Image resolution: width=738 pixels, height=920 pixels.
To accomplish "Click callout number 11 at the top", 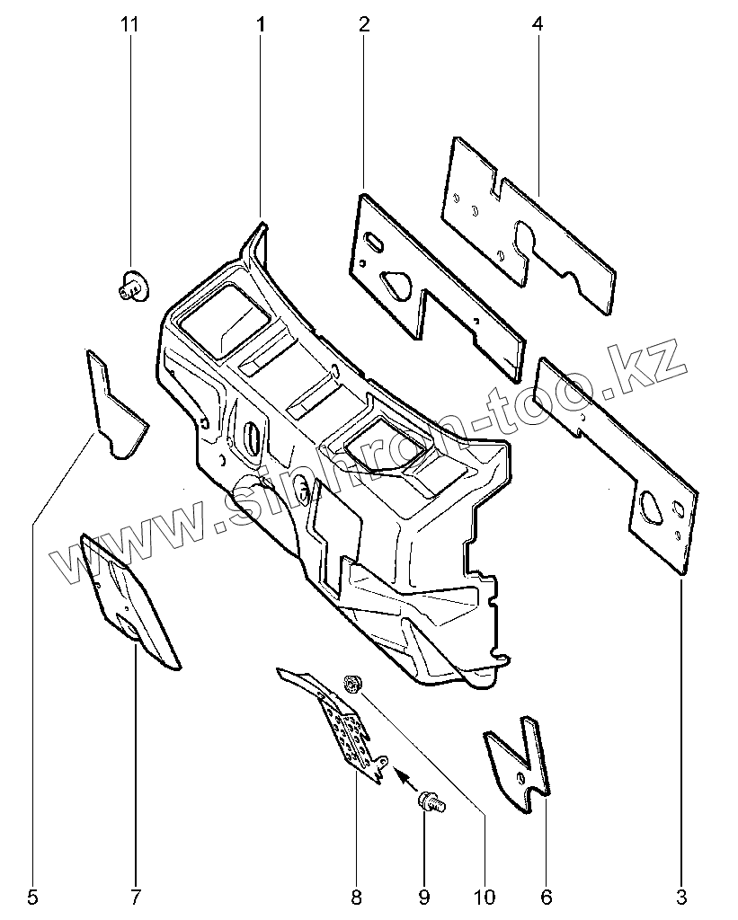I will (x=129, y=24).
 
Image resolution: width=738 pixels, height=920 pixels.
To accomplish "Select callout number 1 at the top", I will (x=261, y=24).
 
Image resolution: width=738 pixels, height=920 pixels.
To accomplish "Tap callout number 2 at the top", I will (x=364, y=24).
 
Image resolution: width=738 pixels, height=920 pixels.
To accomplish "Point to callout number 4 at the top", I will (x=537, y=24).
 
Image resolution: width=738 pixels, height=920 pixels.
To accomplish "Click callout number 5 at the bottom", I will (x=33, y=896).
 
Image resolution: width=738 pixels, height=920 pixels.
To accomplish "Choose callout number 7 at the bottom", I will (x=136, y=896).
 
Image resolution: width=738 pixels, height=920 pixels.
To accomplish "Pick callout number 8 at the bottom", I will (x=356, y=896).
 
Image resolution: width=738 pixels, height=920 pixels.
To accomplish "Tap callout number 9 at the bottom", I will (x=423, y=896).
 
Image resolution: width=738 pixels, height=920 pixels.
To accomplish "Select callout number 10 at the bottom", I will (x=484, y=896).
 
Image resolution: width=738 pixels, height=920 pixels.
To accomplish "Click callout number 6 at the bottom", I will (x=546, y=896).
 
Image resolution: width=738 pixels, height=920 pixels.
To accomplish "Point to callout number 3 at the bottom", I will (x=681, y=896).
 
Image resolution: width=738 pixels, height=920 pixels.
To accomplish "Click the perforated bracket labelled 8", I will (x=347, y=732).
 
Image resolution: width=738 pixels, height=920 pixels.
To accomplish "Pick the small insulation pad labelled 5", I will (x=115, y=409).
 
